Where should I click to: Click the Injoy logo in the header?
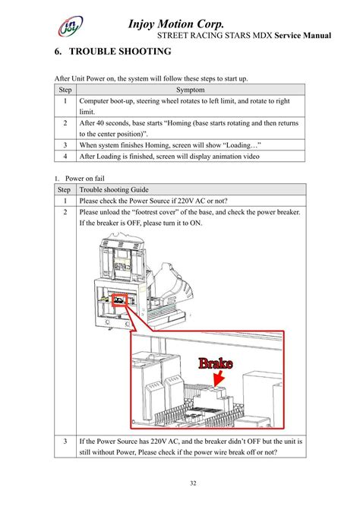point(70,26)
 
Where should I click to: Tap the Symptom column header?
point(191,90)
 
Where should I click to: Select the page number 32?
point(193,483)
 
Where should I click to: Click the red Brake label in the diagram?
point(216,363)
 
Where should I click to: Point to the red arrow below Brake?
point(219,379)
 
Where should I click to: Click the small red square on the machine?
point(119,300)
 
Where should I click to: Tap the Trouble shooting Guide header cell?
point(114,189)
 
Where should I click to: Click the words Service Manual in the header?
point(303,36)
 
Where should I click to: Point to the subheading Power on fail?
point(85,179)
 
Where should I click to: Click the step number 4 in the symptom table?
point(65,156)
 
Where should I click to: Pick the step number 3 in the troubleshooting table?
point(65,441)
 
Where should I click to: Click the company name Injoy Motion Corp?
point(175,24)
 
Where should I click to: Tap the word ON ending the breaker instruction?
point(195,223)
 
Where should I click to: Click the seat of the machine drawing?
point(171,287)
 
